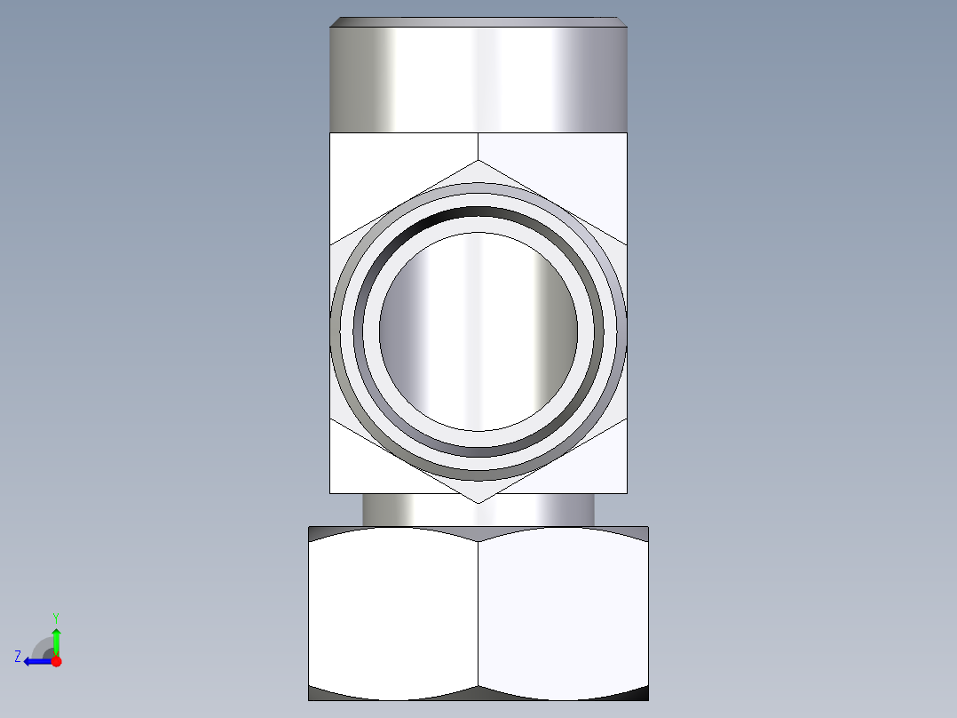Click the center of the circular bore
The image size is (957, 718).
coord(478,331)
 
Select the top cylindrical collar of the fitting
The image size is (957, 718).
coord(478,78)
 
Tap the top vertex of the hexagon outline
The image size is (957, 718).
coord(478,161)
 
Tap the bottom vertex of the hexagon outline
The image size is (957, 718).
coord(478,503)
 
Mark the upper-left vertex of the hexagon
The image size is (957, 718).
coord(331,243)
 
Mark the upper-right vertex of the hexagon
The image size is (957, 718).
coord(626,243)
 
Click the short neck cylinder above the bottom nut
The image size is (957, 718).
coord(478,510)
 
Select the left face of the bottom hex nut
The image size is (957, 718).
coord(393,613)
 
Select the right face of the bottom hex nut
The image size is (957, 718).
coord(564,613)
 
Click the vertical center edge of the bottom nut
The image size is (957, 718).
coord(478,613)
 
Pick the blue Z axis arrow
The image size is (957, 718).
coord(36,660)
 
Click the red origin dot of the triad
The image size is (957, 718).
coord(56,661)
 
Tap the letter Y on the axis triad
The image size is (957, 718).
coord(55,617)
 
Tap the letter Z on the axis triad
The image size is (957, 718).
coord(18,657)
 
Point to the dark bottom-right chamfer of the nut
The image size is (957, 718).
coord(630,693)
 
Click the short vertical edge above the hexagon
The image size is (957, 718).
coord(478,147)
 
